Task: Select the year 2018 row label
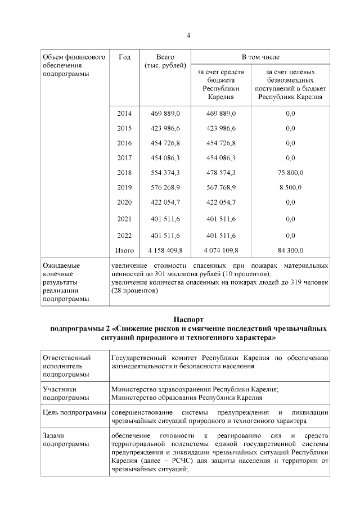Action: (124, 172)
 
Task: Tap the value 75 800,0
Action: (290, 172)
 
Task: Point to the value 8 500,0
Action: (290, 187)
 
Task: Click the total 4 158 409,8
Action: (165, 250)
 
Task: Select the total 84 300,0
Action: (290, 250)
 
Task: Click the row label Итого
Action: (124, 250)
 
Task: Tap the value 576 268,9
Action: (165, 187)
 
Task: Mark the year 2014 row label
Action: (124, 114)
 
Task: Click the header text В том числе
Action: (260, 57)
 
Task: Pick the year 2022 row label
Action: (124, 235)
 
